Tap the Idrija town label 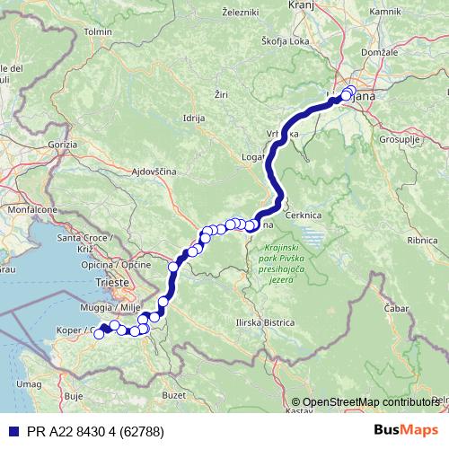(193, 118)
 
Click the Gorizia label (65, 144)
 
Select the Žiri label (224, 92)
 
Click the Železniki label (242, 13)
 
